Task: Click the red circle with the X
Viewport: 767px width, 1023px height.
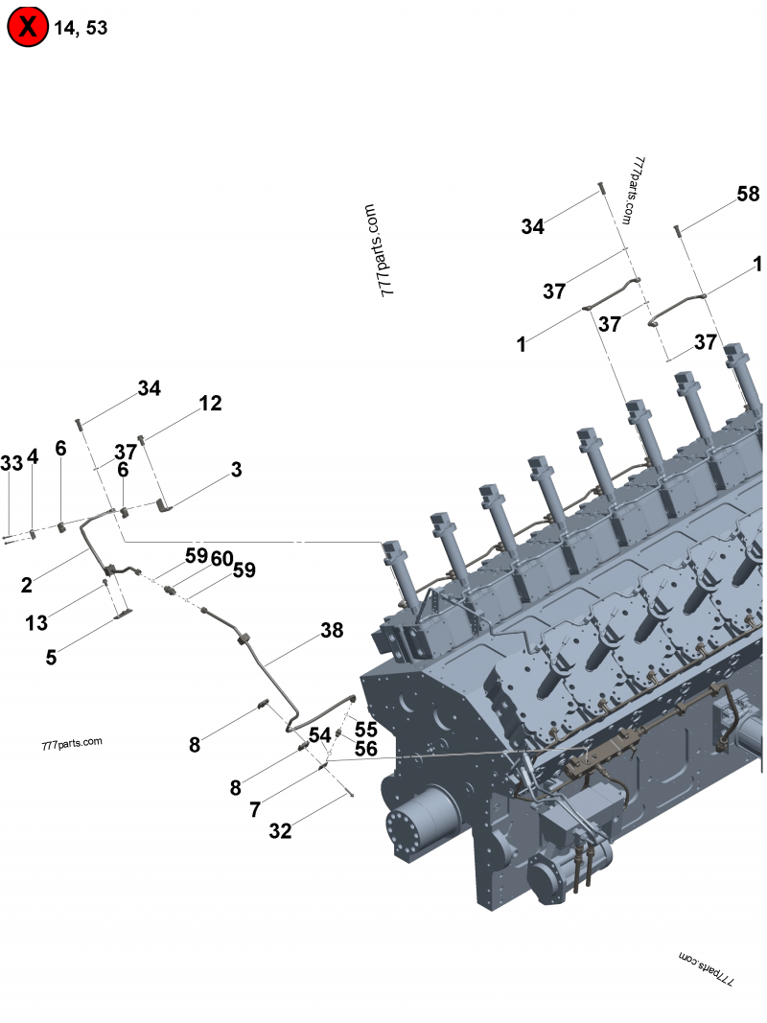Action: point(27,27)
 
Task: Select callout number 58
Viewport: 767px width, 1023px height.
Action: point(748,194)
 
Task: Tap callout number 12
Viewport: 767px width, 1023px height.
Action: point(210,404)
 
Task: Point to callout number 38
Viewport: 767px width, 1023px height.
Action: point(332,630)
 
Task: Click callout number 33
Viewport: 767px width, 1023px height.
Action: point(12,463)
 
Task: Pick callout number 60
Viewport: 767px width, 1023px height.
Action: point(221,558)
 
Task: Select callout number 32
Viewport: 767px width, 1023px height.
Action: point(280,831)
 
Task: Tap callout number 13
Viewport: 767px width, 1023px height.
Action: point(36,623)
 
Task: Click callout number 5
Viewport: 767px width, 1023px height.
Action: point(51,658)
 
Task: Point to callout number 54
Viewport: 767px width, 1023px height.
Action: point(319,735)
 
